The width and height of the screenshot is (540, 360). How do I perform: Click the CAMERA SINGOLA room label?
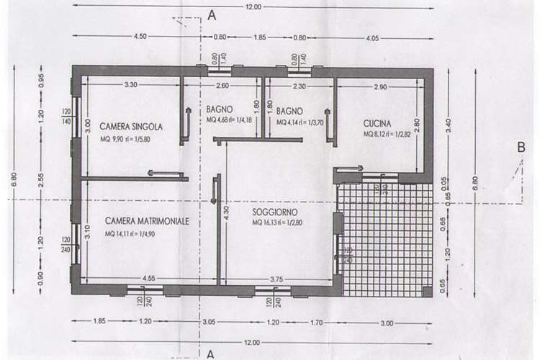131,125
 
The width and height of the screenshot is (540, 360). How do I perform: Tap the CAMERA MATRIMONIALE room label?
147,222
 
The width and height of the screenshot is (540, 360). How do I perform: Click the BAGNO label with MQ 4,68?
220,109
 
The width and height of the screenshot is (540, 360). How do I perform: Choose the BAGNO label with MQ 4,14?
290,112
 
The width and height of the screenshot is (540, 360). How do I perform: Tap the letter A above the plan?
212,14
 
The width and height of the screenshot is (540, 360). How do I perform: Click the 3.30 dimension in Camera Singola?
130,85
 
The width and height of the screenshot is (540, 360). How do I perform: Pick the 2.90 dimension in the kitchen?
379,86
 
